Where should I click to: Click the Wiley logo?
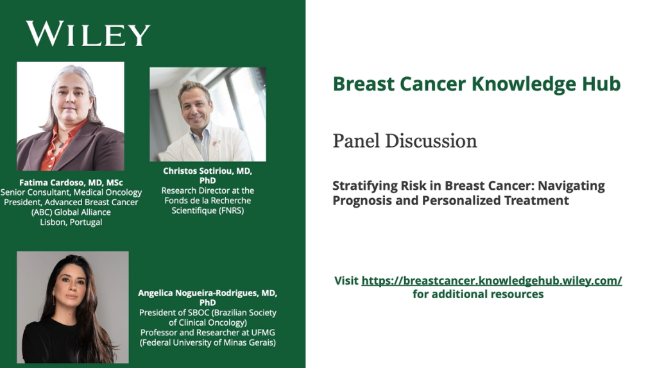[x=88, y=33]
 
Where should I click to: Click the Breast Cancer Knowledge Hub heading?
[x=477, y=84]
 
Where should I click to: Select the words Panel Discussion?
[x=405, y=141]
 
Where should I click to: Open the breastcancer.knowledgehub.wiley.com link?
[x=491, y=281]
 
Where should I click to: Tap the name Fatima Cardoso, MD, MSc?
[x=71, y=183]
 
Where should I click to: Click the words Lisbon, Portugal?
[x=71, y=222]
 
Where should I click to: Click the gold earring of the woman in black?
[x=54, y=300]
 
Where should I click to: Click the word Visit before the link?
[x=346, y=281]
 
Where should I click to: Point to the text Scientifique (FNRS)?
[x=208, y=210]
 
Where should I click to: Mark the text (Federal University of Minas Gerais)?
[x=208, y=342]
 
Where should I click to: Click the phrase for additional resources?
[x=478, y=294]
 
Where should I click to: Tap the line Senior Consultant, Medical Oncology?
[x=71, y=192]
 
